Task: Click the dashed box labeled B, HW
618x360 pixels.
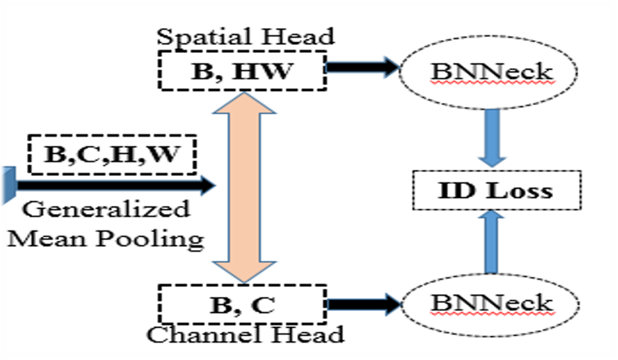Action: pyautogui.click(x=242, y=71)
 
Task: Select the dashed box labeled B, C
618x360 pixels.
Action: pyautogui.click(x=242, y=304)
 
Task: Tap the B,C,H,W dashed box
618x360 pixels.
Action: pyautogui.click(x=112, y=154)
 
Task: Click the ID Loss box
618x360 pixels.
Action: pyautogui.click(x=496, y=190)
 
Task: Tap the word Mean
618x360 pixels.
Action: pyautogui.click(x=49, y=239)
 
